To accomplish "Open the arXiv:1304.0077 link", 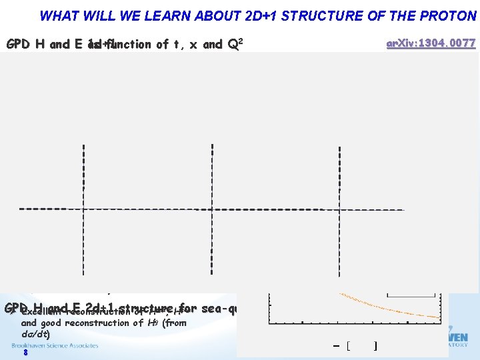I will point(431,44).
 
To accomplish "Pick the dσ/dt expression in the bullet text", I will point(35,333).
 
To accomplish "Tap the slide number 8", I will point(25,353).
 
